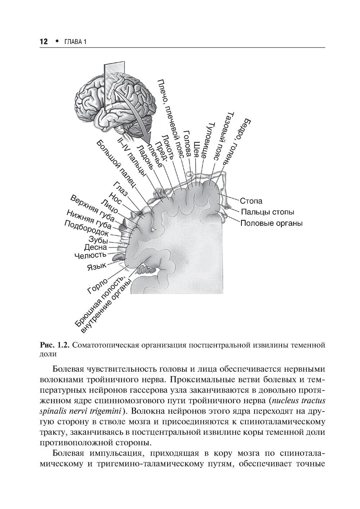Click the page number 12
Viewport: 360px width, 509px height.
[43, 42]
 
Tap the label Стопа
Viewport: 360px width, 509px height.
[251, 201]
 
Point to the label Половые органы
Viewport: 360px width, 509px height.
[271, 223]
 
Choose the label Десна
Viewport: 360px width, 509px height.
[95, 247]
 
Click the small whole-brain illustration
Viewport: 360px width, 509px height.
[115, 104]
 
